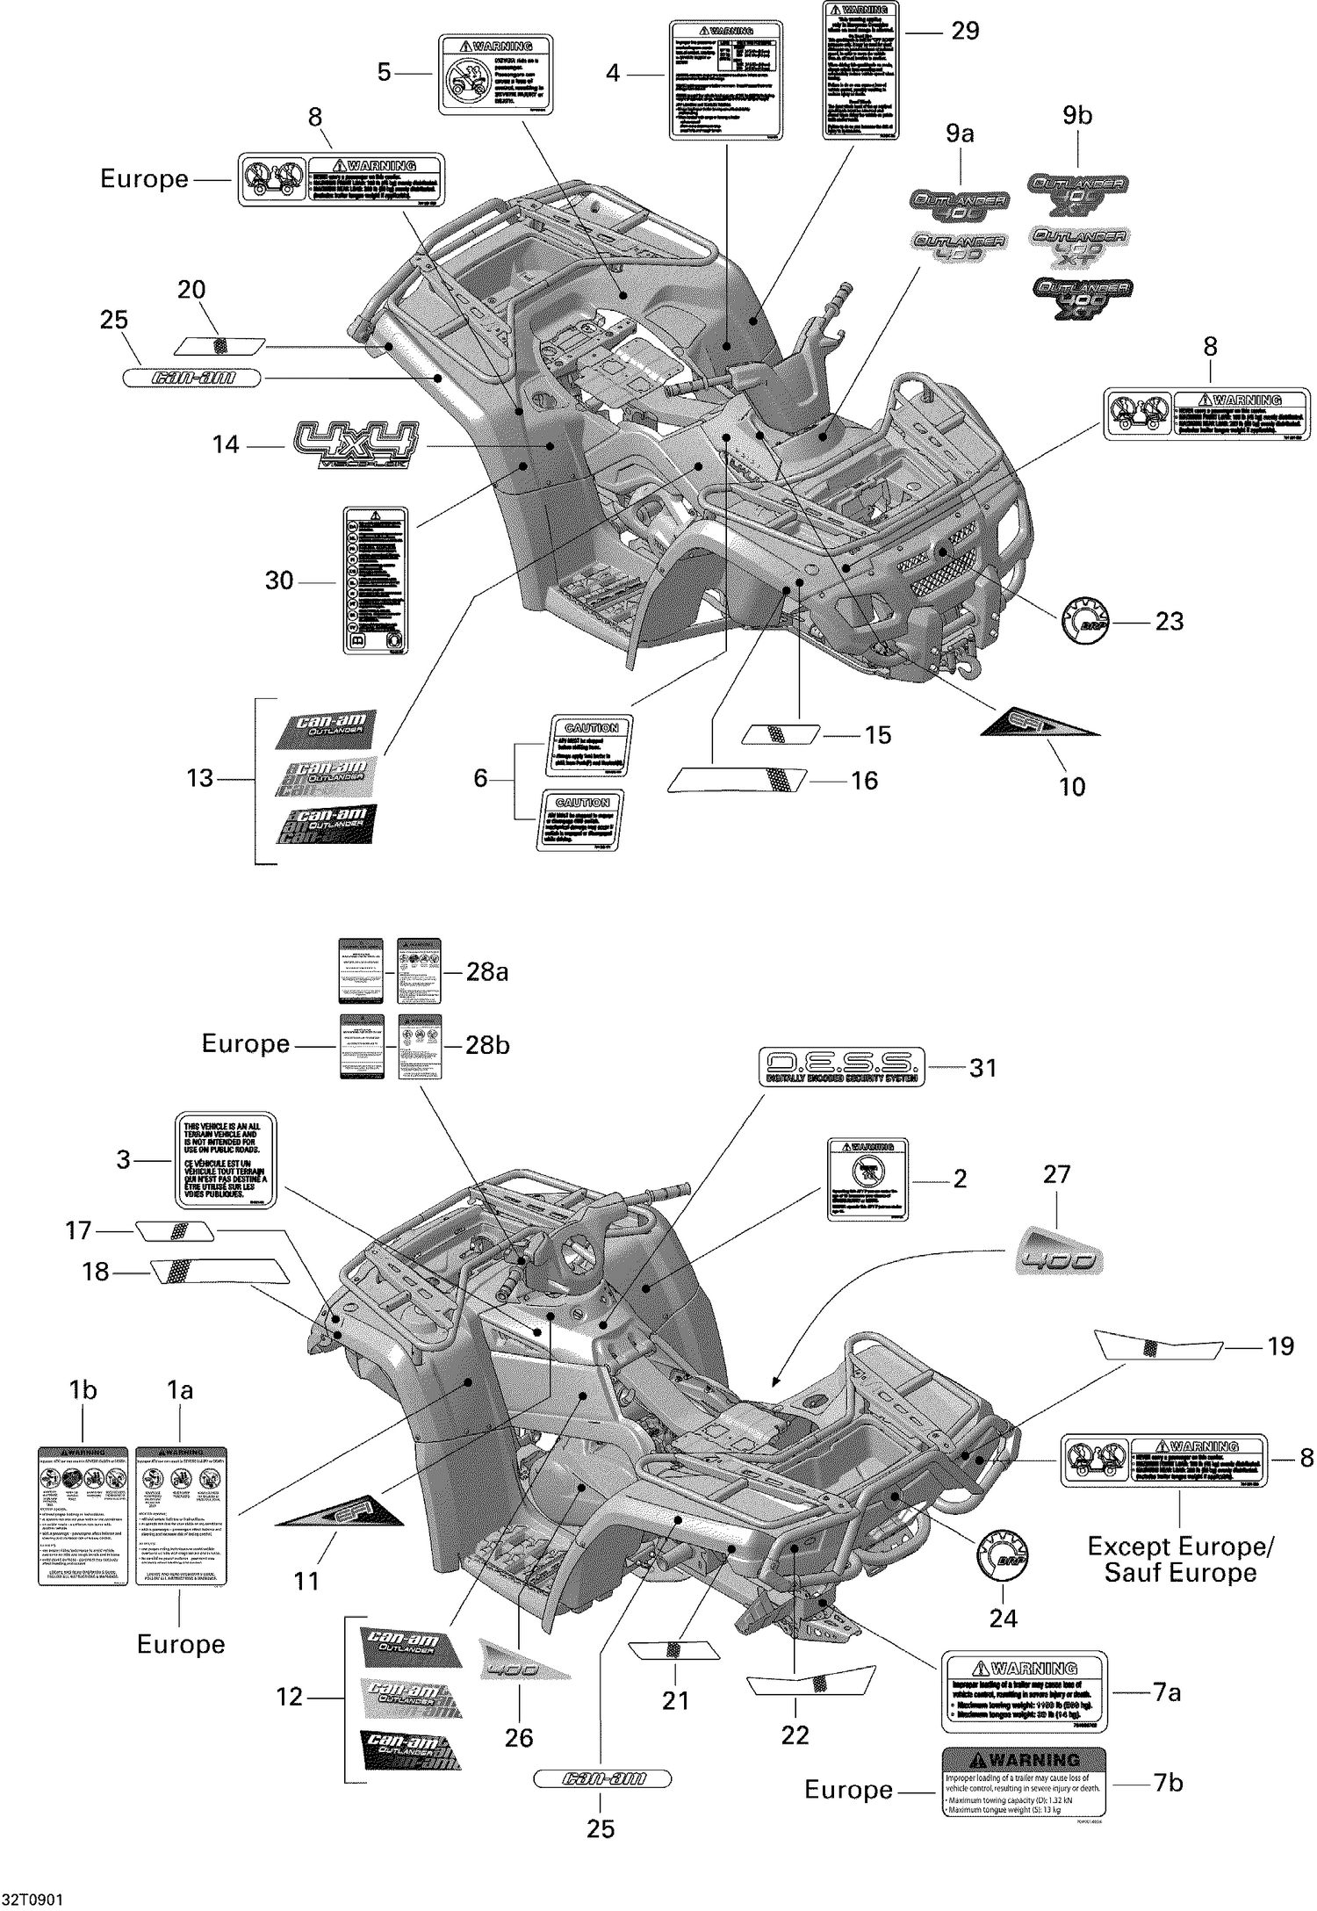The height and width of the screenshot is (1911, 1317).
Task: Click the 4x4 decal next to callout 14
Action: pyautogui.click(x=356, y=444)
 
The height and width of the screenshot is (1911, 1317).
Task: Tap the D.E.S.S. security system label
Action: pyautogui.click(x=841, y=1067)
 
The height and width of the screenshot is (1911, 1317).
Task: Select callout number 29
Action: pyautogui.click(x=964, y=31)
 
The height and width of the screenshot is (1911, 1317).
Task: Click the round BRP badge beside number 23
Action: pyautogui.click(x=1086, y=620)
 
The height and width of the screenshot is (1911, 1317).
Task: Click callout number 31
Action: pyautogui.click(x=983, y=1068)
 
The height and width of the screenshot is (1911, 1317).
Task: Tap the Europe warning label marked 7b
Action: pyautogui.click(x=1024, y=1783)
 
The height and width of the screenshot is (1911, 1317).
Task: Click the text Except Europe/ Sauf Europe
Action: pyautogui.click(x=1180, y=1559)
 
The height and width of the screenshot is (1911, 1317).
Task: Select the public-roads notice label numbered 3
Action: pyautogui.click(x=223, y=1160)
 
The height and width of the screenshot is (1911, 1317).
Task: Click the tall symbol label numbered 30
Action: pyautogui.click(x=375, y=580)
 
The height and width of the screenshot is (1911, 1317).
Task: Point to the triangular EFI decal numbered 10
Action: pyautogui.click(x=1040, y=722)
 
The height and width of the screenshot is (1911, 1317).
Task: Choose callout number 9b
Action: pyautogui.click(x=1077, y=116)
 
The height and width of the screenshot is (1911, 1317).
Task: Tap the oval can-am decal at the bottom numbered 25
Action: pyautogui.click(x=602, y=1778)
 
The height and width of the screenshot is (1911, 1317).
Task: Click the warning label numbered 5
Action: pyautogui.click(x=496, y=74)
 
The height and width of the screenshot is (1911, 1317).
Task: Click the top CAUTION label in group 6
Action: pyautogui.click(x=591, y=745)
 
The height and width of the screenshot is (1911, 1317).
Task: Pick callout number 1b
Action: pyautogui.click(x=83, y=1390)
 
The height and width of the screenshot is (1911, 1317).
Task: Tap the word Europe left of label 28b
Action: pyautogui.click(x=246, y=1043)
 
